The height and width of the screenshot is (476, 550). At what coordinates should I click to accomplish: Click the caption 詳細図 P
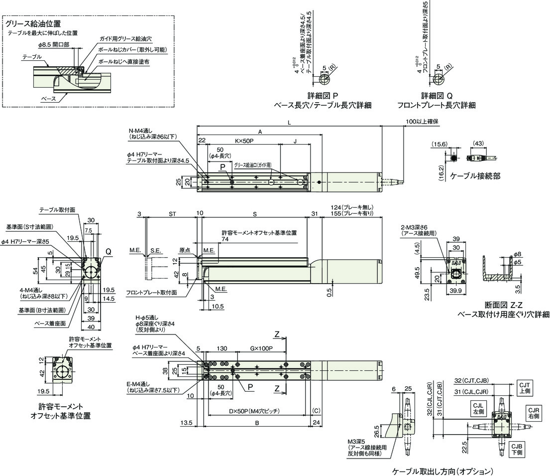323,96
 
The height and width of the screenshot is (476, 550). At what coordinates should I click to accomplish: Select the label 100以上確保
422,122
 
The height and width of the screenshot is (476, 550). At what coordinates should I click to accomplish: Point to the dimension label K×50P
244,141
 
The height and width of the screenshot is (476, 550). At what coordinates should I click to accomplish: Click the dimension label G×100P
262,349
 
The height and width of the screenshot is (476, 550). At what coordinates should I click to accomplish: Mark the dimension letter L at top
289,122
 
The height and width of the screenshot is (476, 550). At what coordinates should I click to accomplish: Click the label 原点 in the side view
185,250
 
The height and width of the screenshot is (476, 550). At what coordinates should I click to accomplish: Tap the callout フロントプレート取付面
151,293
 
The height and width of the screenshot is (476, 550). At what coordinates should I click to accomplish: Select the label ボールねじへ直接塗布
124,61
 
